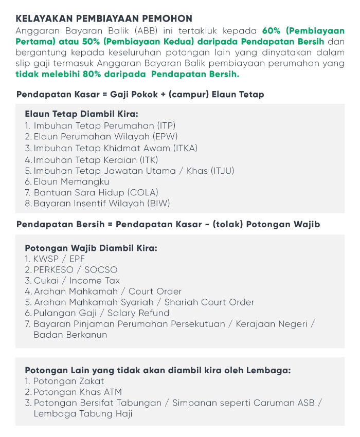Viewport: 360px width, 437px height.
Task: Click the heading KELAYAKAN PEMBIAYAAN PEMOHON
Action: [x=104, y=19]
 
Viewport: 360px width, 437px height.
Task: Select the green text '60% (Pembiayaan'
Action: [x=303, y=30]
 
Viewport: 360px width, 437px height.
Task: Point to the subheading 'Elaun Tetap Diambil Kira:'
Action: [x=81, y=114]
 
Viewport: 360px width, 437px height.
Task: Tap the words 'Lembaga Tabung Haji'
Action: [x=83, y=413]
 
